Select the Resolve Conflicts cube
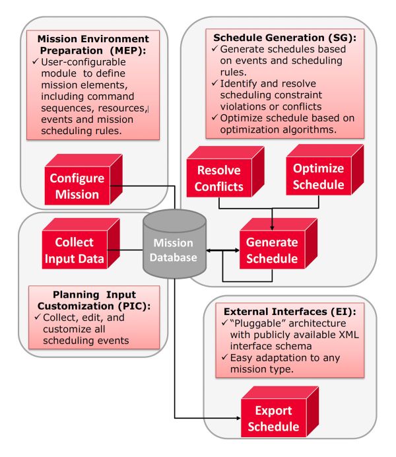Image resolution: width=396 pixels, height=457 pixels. (217, 178)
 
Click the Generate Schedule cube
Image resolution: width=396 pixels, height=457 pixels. (268, 250)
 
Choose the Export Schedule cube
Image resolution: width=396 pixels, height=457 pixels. (268, 418)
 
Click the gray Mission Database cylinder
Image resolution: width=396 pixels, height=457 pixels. (174, 243)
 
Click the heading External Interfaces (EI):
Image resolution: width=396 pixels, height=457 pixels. (289, 311)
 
